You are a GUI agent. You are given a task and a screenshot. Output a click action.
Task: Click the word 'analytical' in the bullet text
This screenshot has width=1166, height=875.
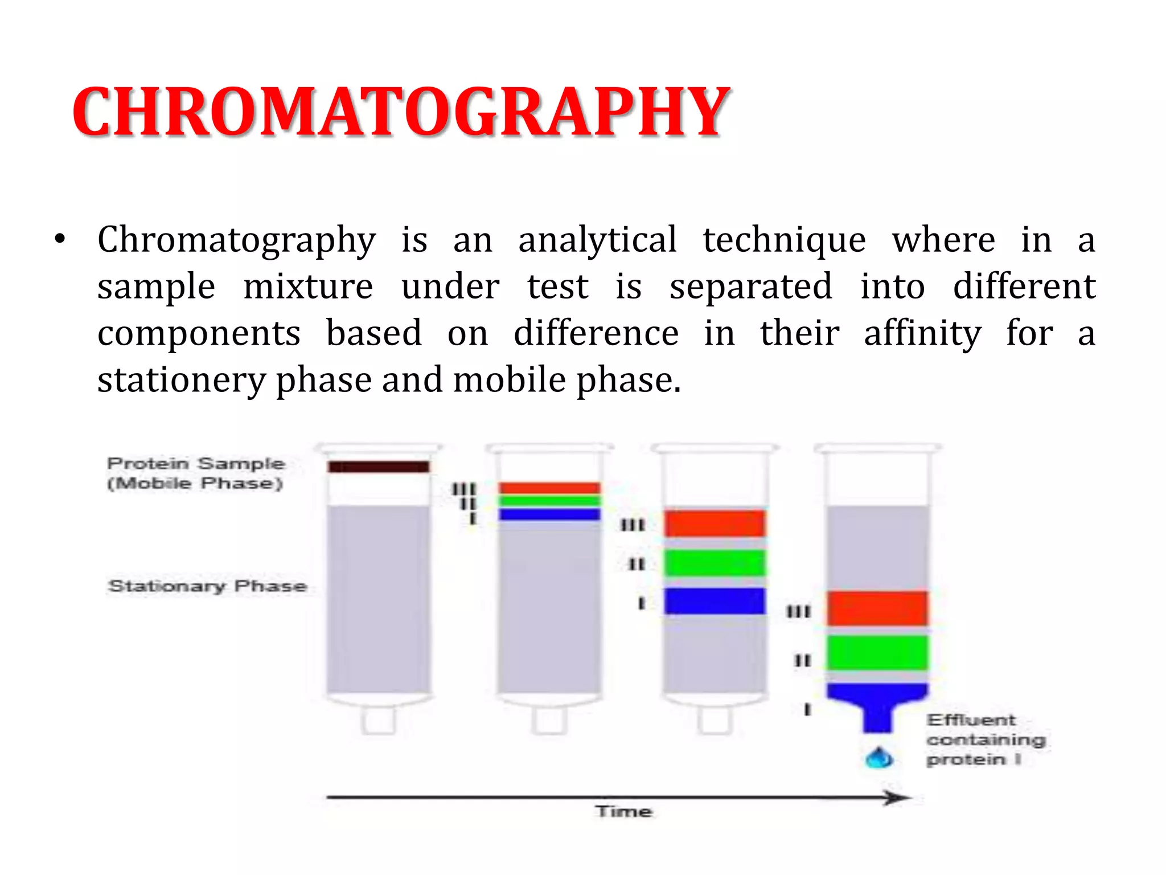[597, 240]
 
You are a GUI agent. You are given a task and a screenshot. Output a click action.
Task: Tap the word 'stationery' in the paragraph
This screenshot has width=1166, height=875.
[180, 380]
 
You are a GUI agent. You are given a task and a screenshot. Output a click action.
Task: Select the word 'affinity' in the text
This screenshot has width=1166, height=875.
[922, 333]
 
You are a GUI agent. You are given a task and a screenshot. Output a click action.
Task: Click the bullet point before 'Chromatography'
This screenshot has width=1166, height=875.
[60, 240]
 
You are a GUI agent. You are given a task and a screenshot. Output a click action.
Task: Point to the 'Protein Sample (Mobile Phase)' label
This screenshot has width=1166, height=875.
[195, 473]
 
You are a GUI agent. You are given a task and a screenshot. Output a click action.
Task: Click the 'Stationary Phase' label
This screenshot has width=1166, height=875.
[207, 586]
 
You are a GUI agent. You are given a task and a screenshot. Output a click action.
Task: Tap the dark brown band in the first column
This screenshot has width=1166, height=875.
[379, 467]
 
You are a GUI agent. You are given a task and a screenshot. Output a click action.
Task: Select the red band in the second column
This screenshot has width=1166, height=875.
[549, 488]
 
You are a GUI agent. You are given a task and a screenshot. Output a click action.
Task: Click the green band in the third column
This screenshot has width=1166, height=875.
[715, 563]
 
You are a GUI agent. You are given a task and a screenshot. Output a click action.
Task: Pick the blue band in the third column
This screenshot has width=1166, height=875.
[715, 601]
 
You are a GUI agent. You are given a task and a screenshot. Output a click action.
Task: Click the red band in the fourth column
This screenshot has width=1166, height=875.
[877, 609]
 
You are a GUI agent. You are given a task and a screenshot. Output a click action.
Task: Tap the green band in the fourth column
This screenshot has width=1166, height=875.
[877, 653]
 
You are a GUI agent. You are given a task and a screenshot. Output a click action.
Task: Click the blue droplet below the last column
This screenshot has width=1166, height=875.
[878, 758]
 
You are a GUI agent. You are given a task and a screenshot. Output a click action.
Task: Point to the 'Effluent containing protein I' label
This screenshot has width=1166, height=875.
[986, 739]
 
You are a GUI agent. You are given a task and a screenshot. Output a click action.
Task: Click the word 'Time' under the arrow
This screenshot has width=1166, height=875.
[623, 811]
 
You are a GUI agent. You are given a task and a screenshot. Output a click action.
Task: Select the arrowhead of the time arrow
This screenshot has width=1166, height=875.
[900, 798]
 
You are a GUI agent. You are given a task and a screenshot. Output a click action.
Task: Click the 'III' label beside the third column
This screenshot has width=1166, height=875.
[633, 525]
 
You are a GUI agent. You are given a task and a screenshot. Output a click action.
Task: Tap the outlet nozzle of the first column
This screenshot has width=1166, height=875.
[378, 721]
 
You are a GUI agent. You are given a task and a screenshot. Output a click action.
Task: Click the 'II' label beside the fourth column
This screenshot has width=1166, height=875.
[803, 661]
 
